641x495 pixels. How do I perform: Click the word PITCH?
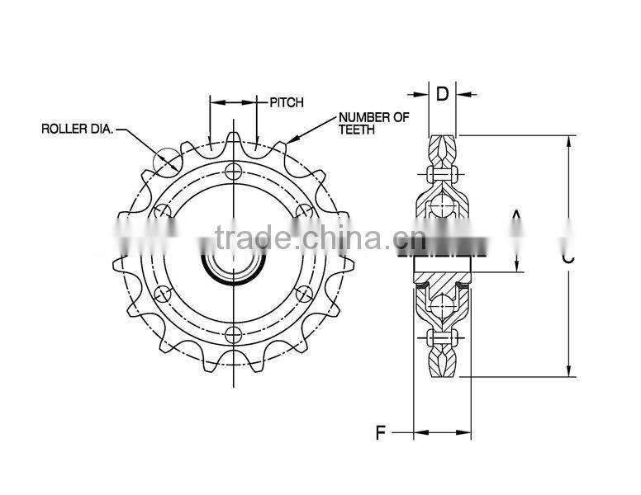[287, 102]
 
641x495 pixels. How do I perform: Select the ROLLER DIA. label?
[78, 129]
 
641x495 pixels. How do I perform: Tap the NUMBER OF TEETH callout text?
[373, 123]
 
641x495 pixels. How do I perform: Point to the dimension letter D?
[442, 93]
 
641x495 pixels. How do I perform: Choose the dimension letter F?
[380, 431]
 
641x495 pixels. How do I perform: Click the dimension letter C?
[568, 257]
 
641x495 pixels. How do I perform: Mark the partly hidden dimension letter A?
[516, 221]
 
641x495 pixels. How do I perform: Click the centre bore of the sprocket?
[234, 264]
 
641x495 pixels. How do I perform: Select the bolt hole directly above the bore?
[234, 172]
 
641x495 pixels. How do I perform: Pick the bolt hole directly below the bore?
[234, 333]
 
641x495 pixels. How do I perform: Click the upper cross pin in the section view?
[443, 175]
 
